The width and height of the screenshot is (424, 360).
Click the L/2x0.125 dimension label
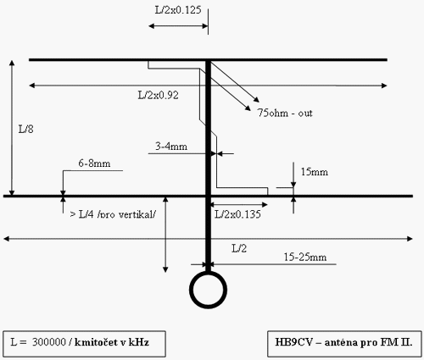[x=178, y=10]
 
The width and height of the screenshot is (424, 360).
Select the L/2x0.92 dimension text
[x=159, y=95]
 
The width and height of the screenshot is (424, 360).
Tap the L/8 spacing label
[x=26, y=129]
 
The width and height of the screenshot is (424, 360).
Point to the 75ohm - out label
[x=285, y=113]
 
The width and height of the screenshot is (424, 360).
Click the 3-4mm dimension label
[x=171, y=147]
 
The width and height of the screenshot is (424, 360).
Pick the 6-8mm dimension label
[x=94, y=163]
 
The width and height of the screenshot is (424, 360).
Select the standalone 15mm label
[x=314, y=172]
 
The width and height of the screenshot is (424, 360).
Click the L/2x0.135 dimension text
[x=237, y=214]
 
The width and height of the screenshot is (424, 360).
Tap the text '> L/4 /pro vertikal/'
[x=113, y=214]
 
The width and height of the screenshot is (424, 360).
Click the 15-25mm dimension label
[x=305, y=257]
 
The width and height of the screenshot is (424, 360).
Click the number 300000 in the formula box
[x=49, y=342]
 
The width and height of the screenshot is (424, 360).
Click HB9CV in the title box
[x=294, y=342]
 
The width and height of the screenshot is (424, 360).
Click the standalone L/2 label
[x=239, y=248]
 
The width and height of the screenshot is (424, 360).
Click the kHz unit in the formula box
[x=139, y=342]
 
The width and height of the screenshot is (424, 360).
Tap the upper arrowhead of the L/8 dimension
[x=12, y=63]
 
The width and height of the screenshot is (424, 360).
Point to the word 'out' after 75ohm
[x=305, y=114]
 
